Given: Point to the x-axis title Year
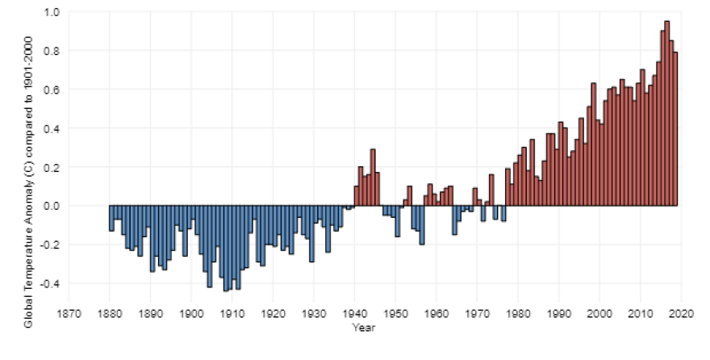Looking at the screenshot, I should (x=363, y=328).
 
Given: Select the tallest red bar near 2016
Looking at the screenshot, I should (x=667, y=113).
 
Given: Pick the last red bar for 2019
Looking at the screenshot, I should (x=675, y=129).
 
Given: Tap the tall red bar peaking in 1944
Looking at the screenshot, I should (x=373, y=178).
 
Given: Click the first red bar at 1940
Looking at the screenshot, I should (x=357, y=196).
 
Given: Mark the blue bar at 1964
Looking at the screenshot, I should (x=454, y=220).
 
